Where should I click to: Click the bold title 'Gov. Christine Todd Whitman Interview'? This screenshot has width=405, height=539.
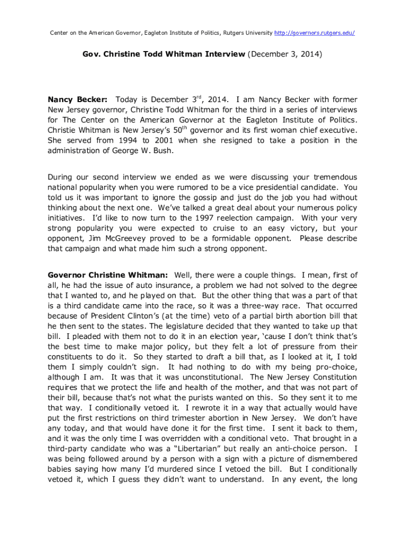pos(164,54)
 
